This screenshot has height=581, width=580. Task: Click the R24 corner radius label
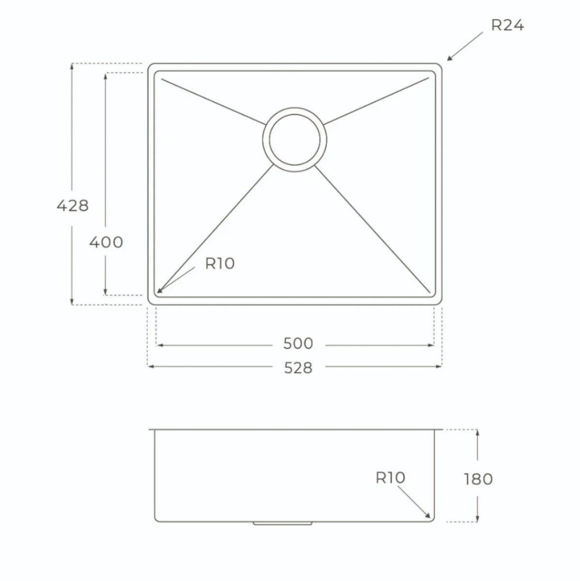pos(507,25)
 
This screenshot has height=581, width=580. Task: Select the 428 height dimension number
pos(73,206)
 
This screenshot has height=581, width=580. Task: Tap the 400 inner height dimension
pos(106,242)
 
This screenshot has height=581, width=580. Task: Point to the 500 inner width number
pos(298,344)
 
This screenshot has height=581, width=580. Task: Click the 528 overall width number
pos(298,368)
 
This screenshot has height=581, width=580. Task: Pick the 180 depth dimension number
pos(478,479)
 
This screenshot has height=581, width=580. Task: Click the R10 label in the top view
pos(220,263)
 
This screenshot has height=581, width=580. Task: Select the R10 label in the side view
pos(390,478)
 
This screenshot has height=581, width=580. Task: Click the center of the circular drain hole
pos(295,139)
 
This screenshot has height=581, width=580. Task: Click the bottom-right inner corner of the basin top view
pos(432,292)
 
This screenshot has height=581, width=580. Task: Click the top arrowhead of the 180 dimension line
pos(477,432)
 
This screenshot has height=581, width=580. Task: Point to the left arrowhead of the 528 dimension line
pos(151,367)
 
